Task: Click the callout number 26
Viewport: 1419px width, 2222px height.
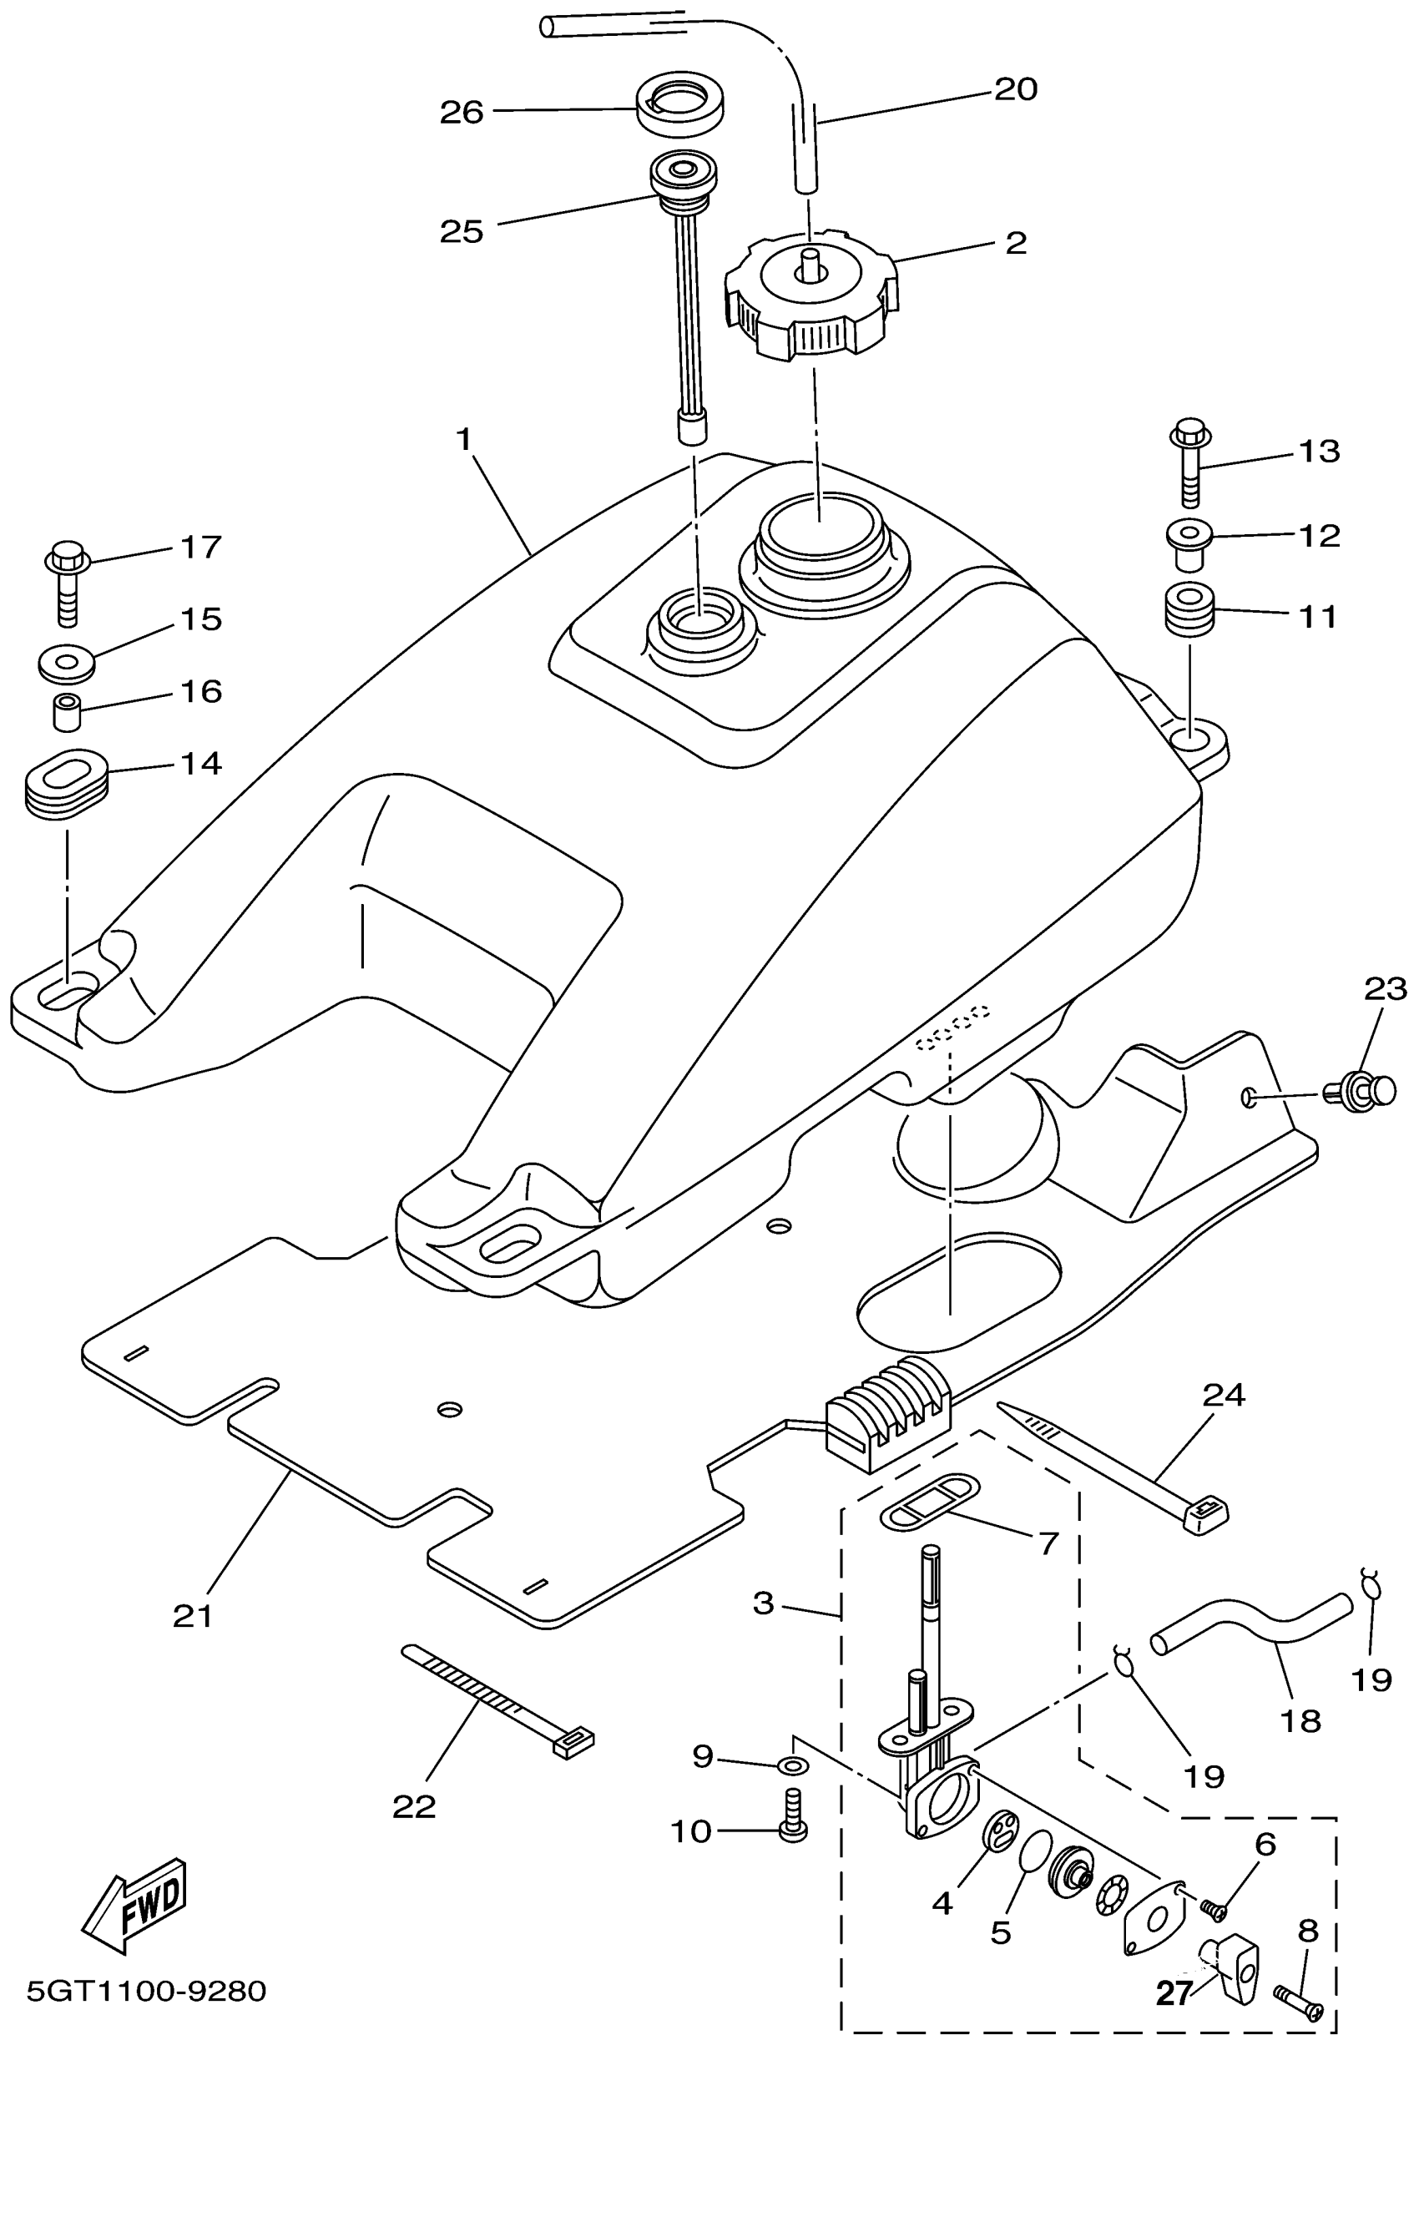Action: point(462,113)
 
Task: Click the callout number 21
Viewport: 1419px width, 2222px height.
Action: point(193,1616)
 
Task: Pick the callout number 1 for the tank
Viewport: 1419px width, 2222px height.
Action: point(464,439)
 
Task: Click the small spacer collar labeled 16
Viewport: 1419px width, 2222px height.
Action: point(65,712)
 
